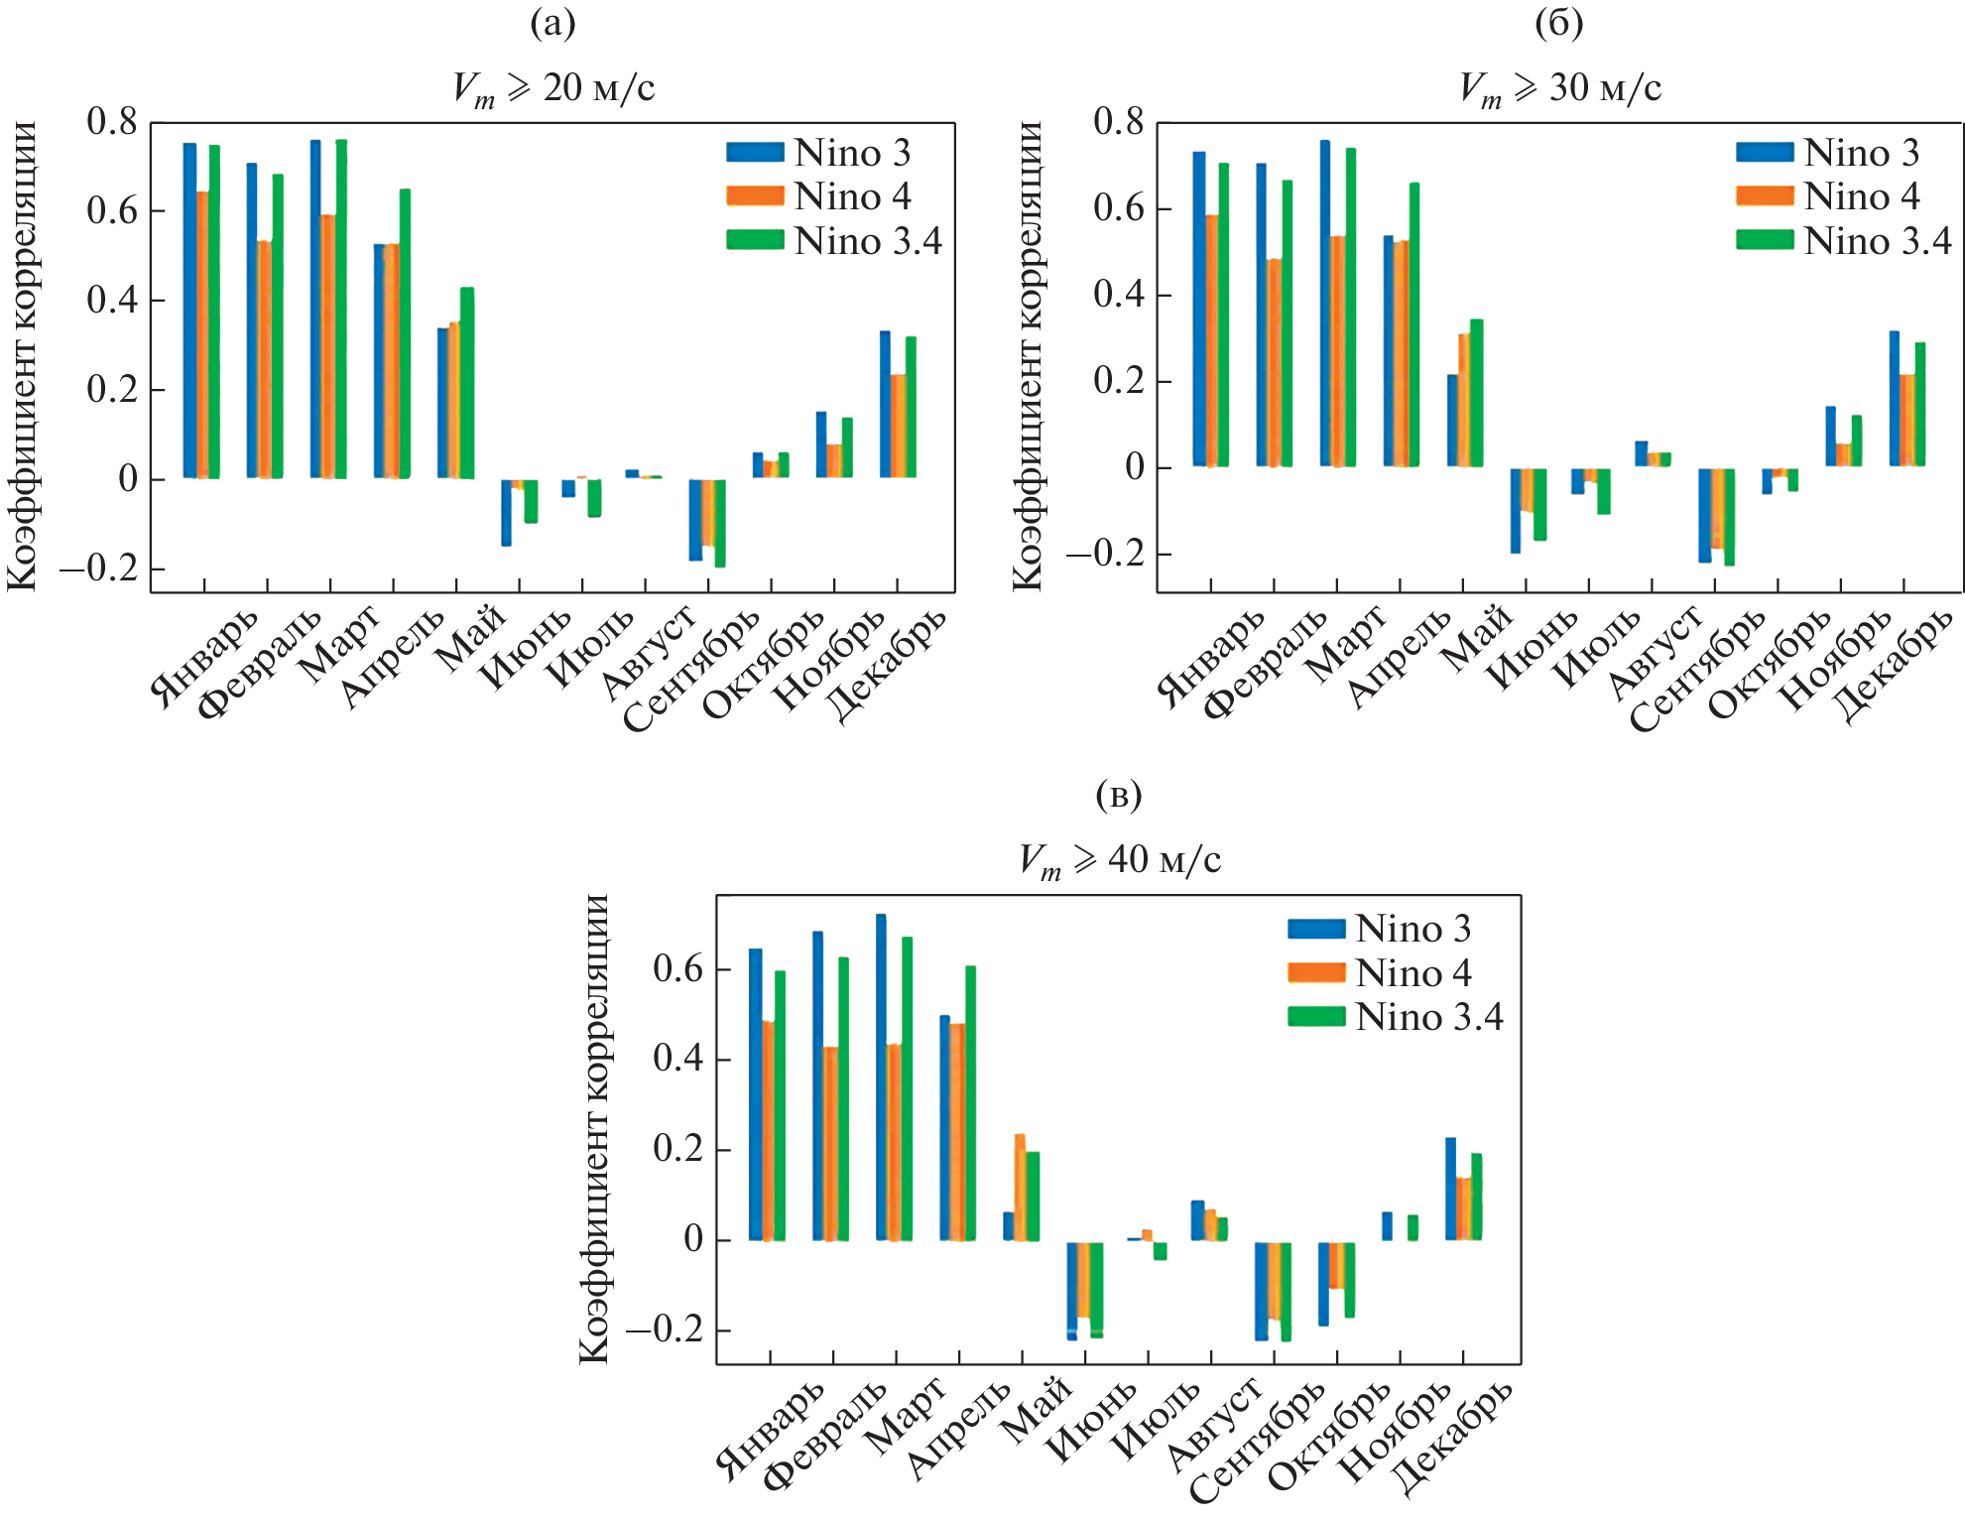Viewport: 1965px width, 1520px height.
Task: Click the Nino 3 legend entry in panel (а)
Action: pyautogui.click(x=818, y=153)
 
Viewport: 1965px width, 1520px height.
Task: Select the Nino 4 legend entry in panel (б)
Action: pyautogui.click(x=1828, y=196)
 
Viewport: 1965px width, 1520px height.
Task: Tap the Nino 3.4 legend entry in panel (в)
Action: pyautogui.click(x=1396, y=1017)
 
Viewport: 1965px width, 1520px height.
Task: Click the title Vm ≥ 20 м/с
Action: pyautogui.click(x=553, y=88)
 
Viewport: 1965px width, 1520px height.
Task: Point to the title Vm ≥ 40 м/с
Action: pyautogui.click(x=1120, y=860)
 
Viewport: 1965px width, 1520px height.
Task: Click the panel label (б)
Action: pyautogui.click(x=1558, y=23)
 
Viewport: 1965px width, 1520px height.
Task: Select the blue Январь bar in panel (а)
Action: pyautogui.click(x=189, y=311)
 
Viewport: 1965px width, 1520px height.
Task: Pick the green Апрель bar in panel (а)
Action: pyautogui.click(x=405, y=333)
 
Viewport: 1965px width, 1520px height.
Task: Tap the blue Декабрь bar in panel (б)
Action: pyautogui.click(x=1894, y=398)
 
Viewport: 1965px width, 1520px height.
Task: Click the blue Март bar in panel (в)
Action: pyautogui.click(x=881, y=1077)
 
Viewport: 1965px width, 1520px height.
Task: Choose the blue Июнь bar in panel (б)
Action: pyautogui.click(x=1516, y=510)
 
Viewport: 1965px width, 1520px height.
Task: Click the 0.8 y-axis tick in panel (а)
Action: pyautogui.click(x=112, y=122)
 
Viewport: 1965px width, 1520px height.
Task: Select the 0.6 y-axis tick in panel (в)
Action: pyautogui.click(x=677, y=968)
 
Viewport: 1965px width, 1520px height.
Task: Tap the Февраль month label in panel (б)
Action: pyautogui.click(x=1265, y=664)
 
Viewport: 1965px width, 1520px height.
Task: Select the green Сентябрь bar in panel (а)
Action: pyautogui.click(x=720, y=523)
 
